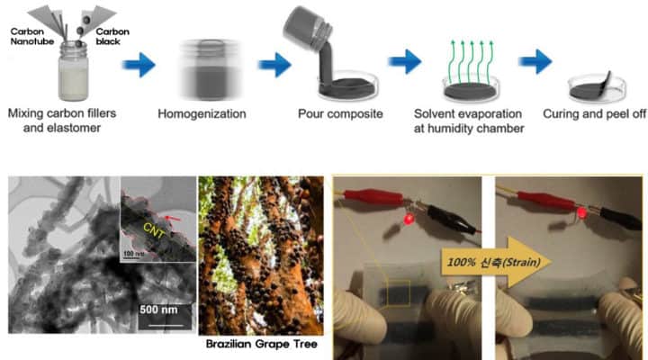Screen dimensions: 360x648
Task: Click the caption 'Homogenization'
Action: [195, 114]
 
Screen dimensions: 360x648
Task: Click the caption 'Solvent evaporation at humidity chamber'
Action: [469, 121]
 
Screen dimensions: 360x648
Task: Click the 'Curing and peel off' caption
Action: [594, 114]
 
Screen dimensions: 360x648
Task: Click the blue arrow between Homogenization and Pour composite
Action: [274, 64]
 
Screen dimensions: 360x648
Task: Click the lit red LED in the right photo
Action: [580, 214]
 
